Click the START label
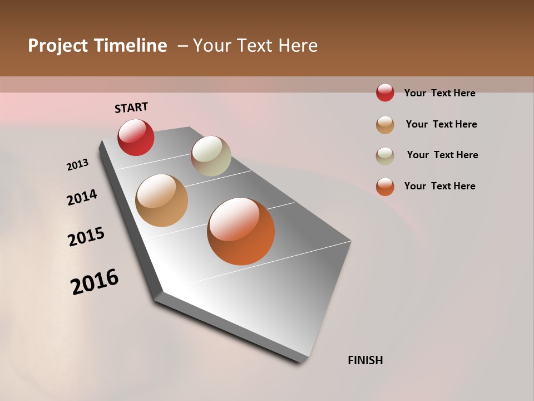point(131,107)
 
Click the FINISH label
point(365,360)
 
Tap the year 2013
point(77,165)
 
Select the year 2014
point(82,197)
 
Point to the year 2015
point(86,237)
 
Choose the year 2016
point(95,282)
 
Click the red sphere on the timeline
point(136,138)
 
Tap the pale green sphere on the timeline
point(211,156)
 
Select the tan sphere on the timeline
point(161,200)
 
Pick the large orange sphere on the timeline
point(241,231)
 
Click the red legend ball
point(385,92)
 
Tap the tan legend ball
point(385,125)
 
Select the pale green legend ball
point(385,156)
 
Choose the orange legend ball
point(385,187)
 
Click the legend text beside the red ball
point(439,93)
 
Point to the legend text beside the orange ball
point(439,186)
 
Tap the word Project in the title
point(58,46)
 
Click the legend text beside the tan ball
point(441,124)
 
